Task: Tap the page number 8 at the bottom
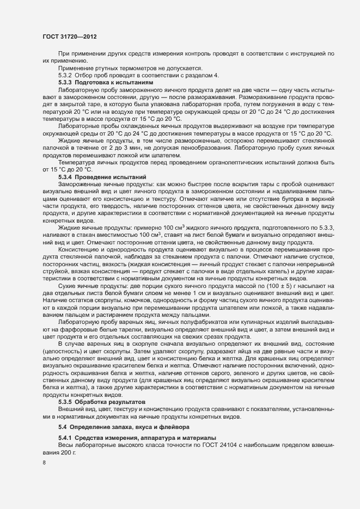(x=44, y=463)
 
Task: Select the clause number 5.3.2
(x=65, y=75)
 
